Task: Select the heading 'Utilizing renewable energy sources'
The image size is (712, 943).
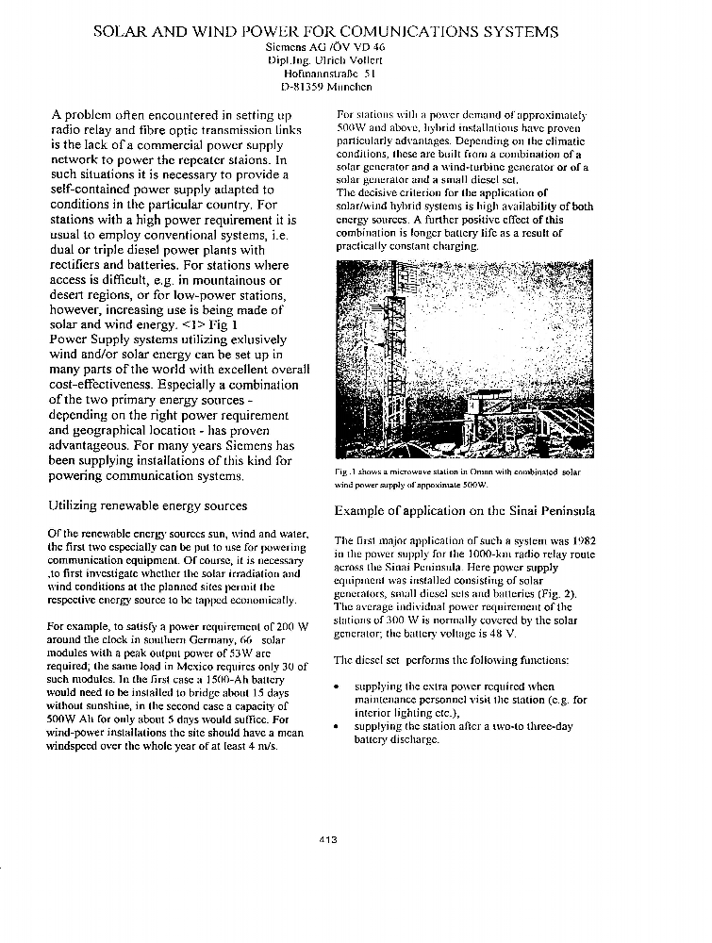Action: (147, 506)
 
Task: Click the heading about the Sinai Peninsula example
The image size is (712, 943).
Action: (464, 511)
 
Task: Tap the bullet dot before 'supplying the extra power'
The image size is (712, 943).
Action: (338, 687)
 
